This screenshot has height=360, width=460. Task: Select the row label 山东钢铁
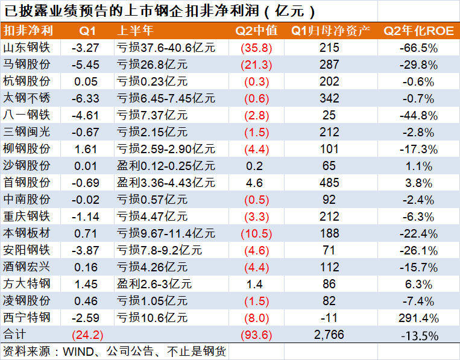(27, 48)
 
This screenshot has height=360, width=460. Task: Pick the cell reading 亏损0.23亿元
(152, 81)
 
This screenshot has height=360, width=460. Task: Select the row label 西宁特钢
(27, 317)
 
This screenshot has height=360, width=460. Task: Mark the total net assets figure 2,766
(330, 334)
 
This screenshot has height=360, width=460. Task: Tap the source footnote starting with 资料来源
(115, 350)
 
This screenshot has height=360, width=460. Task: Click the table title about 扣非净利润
(160, 11)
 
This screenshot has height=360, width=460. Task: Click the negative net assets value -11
(330, 317)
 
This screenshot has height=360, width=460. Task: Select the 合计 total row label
(16, 334)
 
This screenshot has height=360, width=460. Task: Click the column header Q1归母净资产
(330, 30)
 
